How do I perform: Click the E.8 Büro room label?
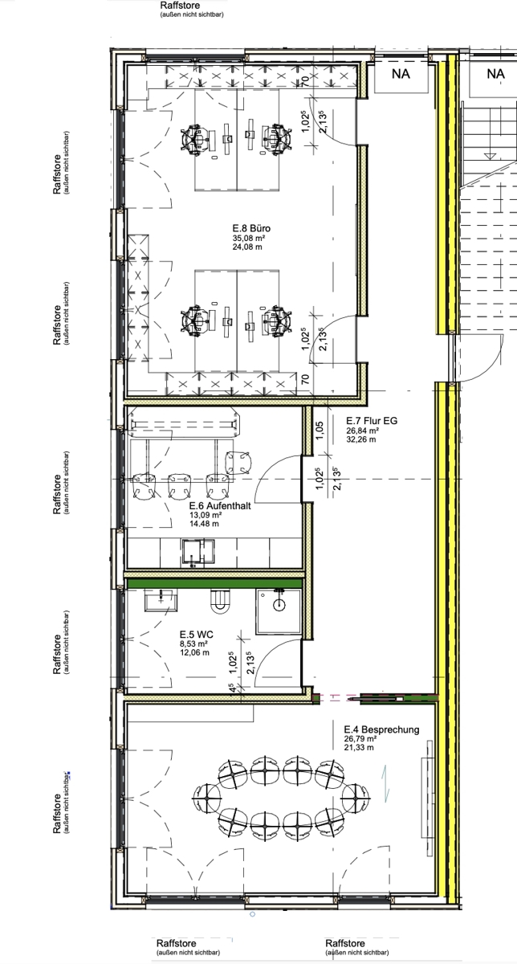251,228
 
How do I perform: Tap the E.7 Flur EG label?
372,420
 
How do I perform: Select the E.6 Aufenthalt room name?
220,505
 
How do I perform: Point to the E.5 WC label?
197,635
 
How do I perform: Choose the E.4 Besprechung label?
381,729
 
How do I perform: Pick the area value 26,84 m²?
363,431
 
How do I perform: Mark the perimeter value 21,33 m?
359,747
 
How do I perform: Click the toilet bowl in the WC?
220,600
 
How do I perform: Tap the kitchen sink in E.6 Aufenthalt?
197,552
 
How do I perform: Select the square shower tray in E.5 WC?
279,611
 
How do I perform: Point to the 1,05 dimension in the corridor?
320,431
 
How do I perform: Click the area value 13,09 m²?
206,515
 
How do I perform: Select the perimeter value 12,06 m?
194,652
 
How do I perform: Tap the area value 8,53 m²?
194,643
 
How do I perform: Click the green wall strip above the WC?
214,583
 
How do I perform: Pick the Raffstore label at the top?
180,6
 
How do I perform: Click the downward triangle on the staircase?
490,156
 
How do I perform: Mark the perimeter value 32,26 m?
361,439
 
